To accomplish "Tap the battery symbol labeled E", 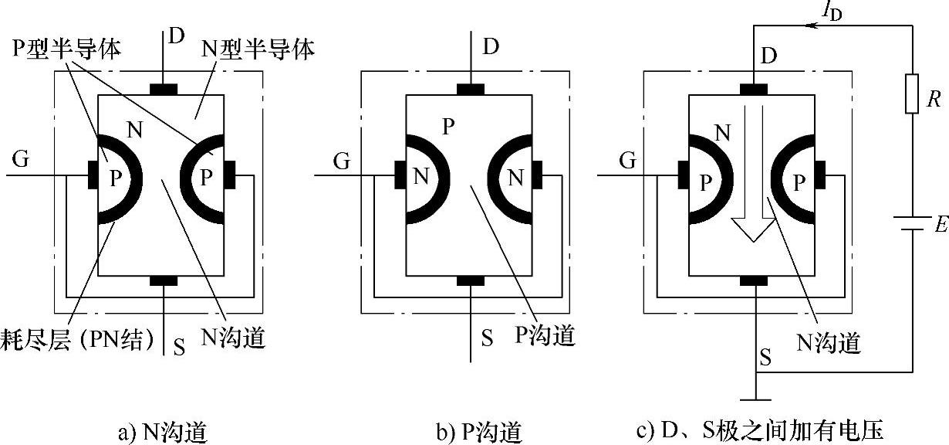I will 912,223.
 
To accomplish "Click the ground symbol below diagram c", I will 756,399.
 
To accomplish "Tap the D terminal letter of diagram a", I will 177,36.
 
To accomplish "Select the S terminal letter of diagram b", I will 487,338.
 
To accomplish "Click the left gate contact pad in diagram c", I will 682,175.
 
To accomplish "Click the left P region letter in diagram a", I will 115,178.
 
